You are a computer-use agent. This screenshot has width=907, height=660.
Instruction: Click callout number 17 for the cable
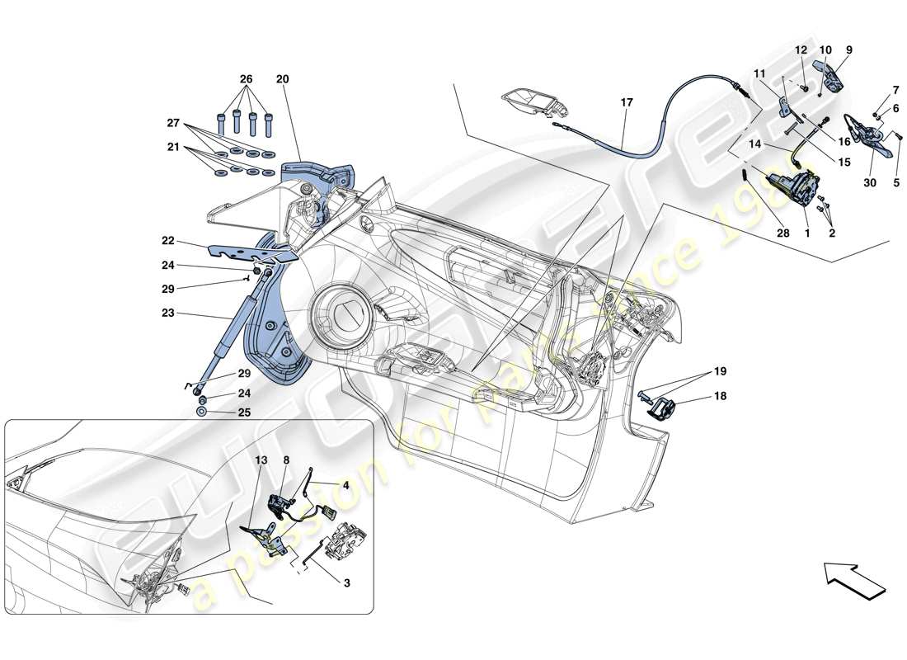coord(627,102)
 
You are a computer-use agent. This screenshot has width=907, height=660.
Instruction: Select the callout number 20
coord(283,79)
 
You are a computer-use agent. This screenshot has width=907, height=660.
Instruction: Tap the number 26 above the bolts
coord(245,79)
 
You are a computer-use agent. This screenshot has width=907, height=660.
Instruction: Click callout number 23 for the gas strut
coord(168,314)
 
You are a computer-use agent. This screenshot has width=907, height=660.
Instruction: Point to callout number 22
coord(168,241)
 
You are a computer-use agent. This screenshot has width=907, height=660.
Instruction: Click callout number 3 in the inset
coord(346,582)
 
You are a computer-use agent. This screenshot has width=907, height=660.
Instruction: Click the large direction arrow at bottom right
coord(853,577)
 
